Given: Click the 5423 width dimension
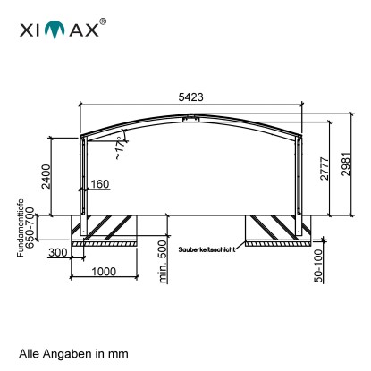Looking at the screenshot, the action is coord(190,97).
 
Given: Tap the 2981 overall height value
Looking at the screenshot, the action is coord(346,164).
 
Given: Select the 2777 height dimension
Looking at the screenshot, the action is coord(325,169).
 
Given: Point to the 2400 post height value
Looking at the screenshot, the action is coord(46,176).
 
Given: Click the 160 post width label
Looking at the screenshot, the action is coord(100,184).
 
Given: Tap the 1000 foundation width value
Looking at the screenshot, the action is coord(104,272).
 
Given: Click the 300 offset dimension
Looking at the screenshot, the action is coord(58,253).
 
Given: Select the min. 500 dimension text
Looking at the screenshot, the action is coord(163,262).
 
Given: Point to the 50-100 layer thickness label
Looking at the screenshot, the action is coord(318,266).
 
